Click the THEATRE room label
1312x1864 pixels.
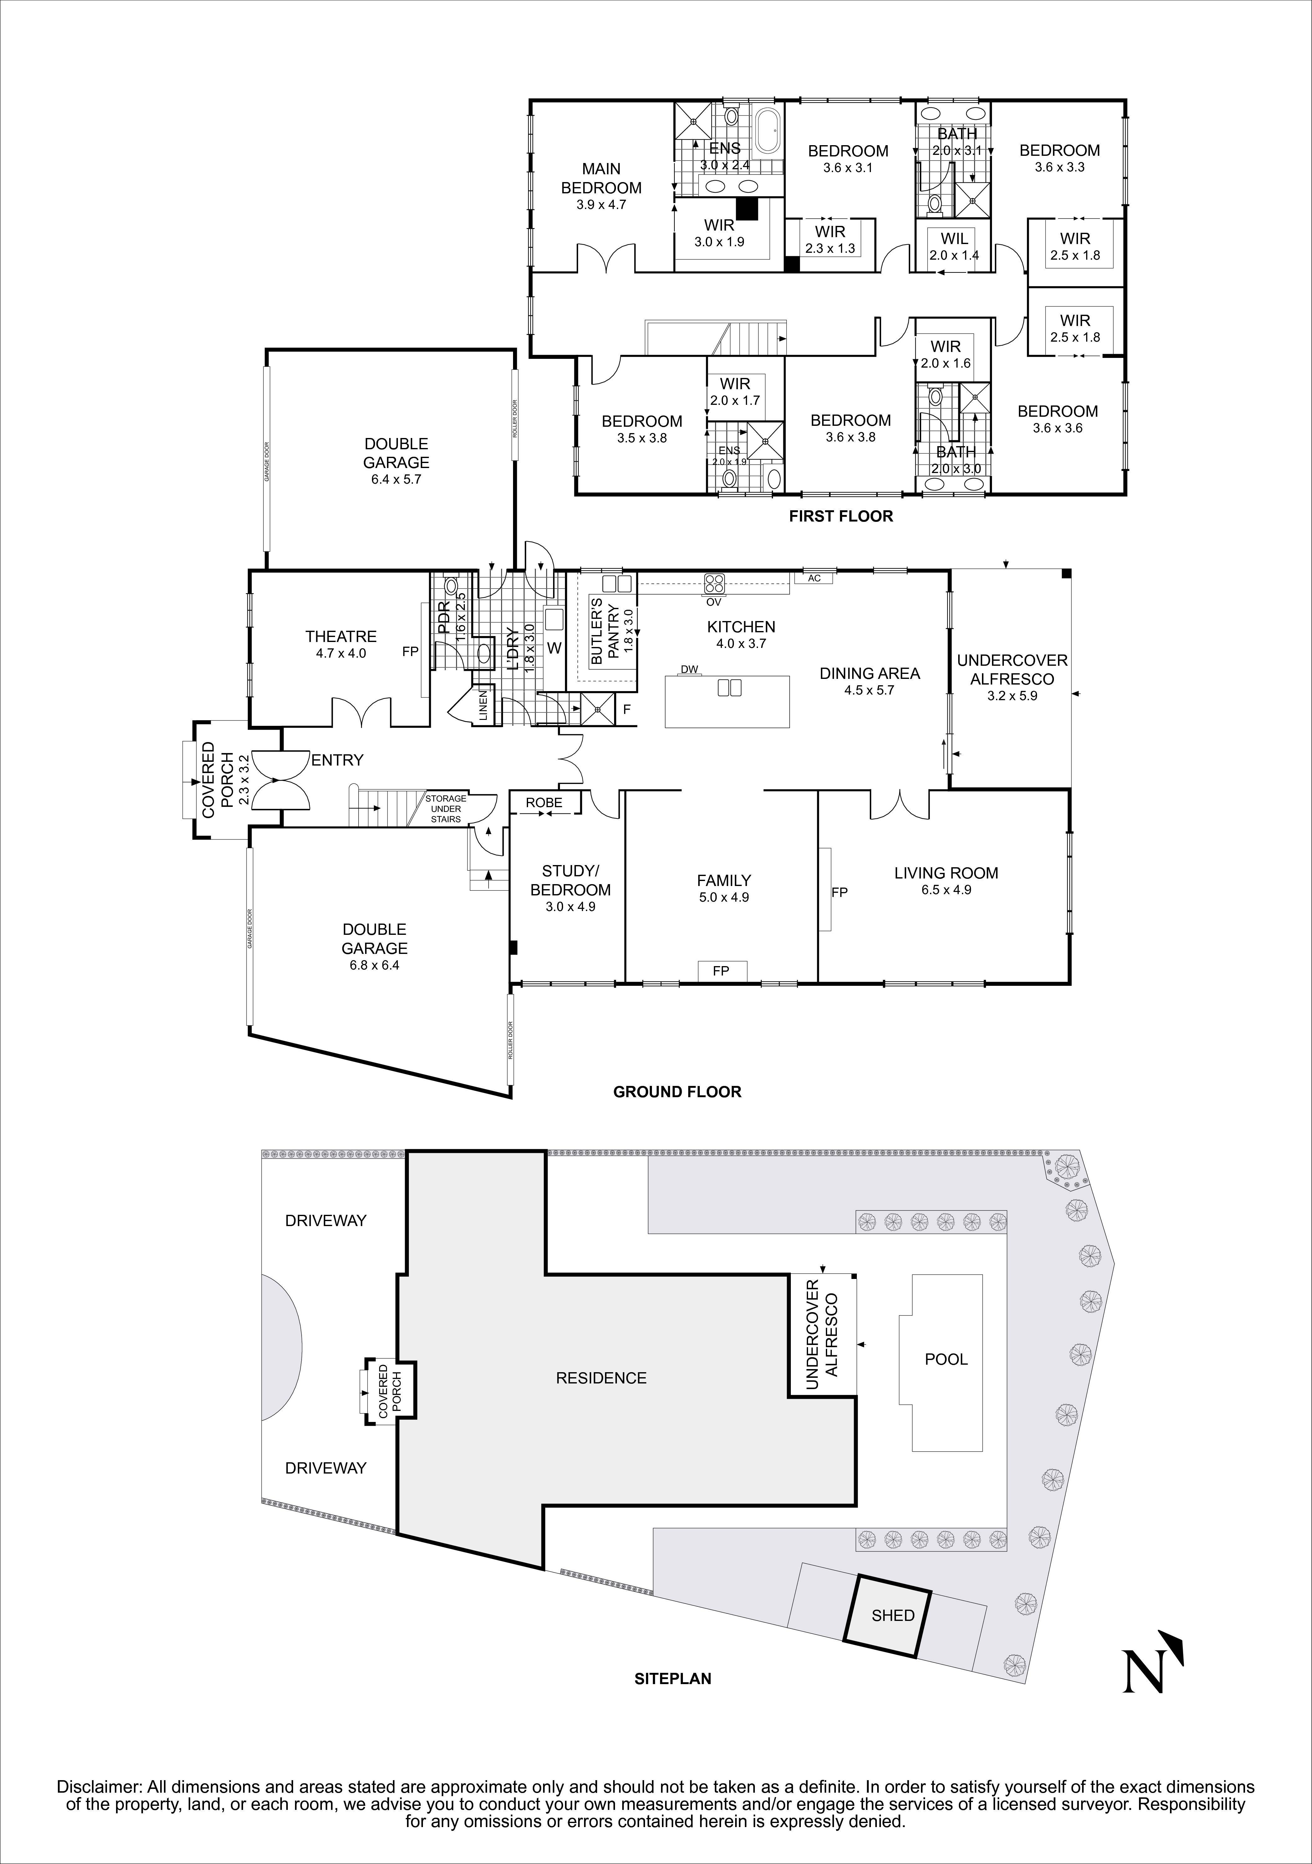click(x=341, y=636)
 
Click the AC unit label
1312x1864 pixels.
click(x=814, y=578)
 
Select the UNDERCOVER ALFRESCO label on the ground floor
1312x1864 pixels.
click(x=1012, y=670)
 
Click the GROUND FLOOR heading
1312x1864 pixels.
click(x=677, y=1092)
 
